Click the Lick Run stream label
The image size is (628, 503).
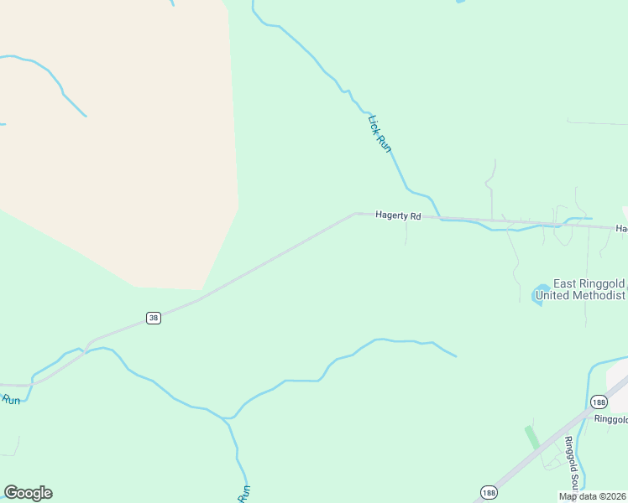click(380, 133)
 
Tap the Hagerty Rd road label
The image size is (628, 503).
click(397, 215)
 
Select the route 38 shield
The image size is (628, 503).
click(153, 318)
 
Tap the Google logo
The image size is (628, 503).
click(28, 493)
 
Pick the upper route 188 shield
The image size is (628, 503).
click(598, 402)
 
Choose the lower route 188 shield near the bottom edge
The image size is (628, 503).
click(488, 491)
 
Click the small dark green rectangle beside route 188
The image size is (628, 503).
click(531, 438)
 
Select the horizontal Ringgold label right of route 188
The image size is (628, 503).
click(610, 419)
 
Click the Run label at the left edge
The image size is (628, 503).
click(10, 400)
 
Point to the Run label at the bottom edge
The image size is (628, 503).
click(245, 493)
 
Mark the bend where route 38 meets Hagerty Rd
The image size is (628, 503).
click(356, 214)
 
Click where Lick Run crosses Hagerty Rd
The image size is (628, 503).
click(440, 218)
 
